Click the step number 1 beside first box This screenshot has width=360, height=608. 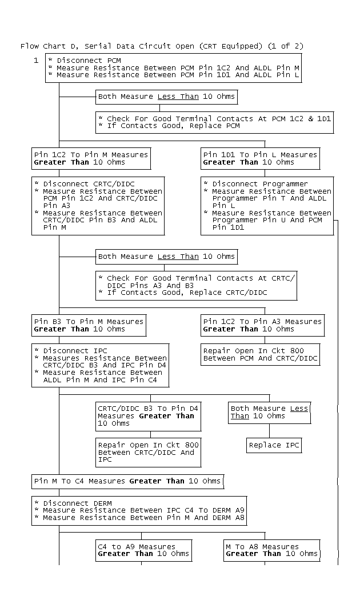pos(36,60)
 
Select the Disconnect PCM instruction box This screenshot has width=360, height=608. pos(173,67)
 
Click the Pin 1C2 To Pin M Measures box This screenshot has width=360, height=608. pos(91,158)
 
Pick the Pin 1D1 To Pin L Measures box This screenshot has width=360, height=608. pos(260,158)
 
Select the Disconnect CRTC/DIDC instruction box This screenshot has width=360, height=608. pos(98,206)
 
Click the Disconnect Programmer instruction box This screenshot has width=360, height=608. pos(267,206)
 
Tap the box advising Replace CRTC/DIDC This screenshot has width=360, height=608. pos(196,285)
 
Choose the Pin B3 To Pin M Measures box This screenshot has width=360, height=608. pos(89,325)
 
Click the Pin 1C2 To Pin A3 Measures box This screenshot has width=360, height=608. pos(262,325)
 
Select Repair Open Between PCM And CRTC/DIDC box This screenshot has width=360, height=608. pos(261,354)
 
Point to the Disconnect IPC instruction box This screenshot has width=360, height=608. pos(100,365)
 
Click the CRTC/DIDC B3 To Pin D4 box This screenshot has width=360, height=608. pos(147,415)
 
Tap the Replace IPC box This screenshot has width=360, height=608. pos(274,445)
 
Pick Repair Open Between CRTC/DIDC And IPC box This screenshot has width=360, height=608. pos(149,452)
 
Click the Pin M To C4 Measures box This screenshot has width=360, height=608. pos(127,481)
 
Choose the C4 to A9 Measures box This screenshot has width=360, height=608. pos(142,550)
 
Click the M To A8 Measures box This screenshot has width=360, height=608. pos(271,550)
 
